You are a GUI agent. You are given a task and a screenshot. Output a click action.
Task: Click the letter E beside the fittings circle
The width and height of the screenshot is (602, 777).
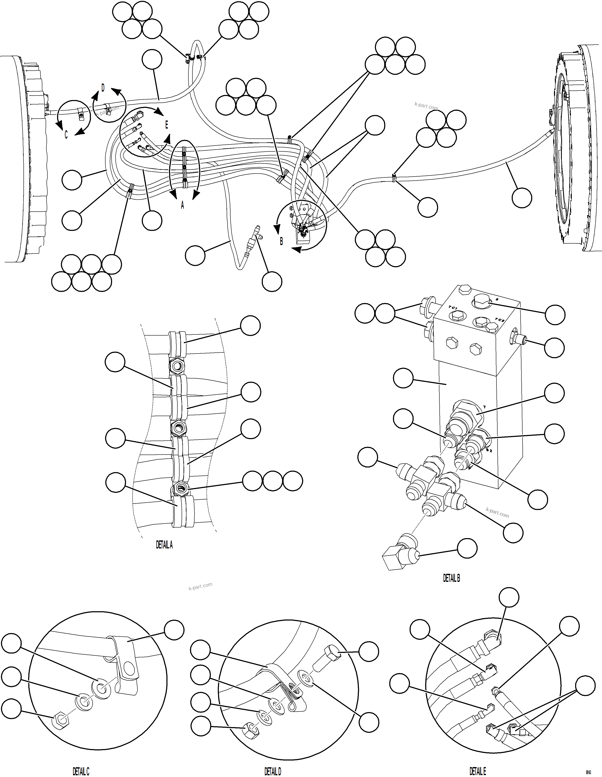(166, 125)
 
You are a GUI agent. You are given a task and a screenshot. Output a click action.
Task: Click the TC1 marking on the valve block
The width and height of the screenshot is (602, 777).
(452, 308)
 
